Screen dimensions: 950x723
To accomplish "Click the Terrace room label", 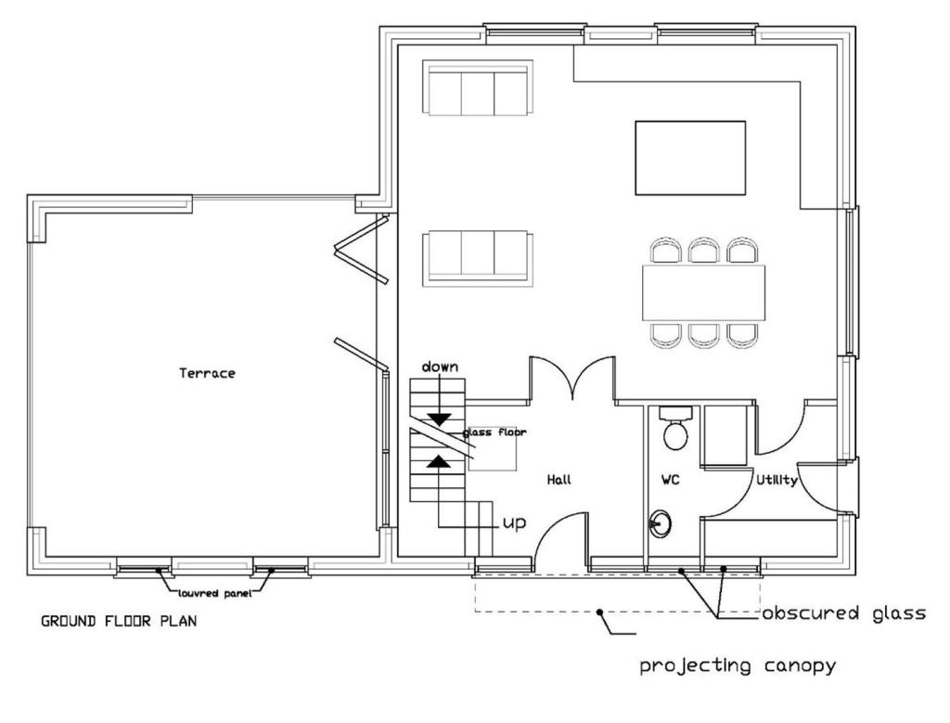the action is click(x=207, y=373).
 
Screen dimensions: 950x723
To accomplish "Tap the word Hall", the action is click(x=558, y=480).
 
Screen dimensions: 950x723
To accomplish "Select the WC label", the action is click(x=670, y=480).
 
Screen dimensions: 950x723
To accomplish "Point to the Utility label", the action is click(x=777, y=480).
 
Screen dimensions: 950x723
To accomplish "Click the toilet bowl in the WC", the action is click(x=675, y=435).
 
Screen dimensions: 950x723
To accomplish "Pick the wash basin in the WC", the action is click(x=660, y=523).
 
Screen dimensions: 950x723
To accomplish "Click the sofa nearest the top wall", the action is click(x=478, y=88).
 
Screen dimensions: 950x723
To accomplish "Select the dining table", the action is click(x=703, y=292).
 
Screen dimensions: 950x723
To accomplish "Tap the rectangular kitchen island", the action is click(x=690, y=158).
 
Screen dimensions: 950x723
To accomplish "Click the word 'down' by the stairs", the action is click(x=440, y=367).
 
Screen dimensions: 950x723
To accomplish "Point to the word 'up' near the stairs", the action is click(x=514, y=523).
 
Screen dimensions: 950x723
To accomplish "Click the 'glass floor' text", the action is click(x=494, y=433).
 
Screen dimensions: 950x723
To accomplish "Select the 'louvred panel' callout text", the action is click(x=215, y=594).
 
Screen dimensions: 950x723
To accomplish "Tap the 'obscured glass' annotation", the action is click(x=844, y=613).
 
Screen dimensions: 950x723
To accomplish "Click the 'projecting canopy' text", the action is click(x=738, y=666).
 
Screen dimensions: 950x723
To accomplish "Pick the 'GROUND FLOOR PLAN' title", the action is click(x=119, y=621).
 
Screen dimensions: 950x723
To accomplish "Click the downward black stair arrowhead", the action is click(x=440, y=419).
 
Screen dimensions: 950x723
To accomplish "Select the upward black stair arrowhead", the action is click(x=439, y=462).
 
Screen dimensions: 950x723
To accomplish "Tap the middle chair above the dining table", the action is click(x=703, y=250).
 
